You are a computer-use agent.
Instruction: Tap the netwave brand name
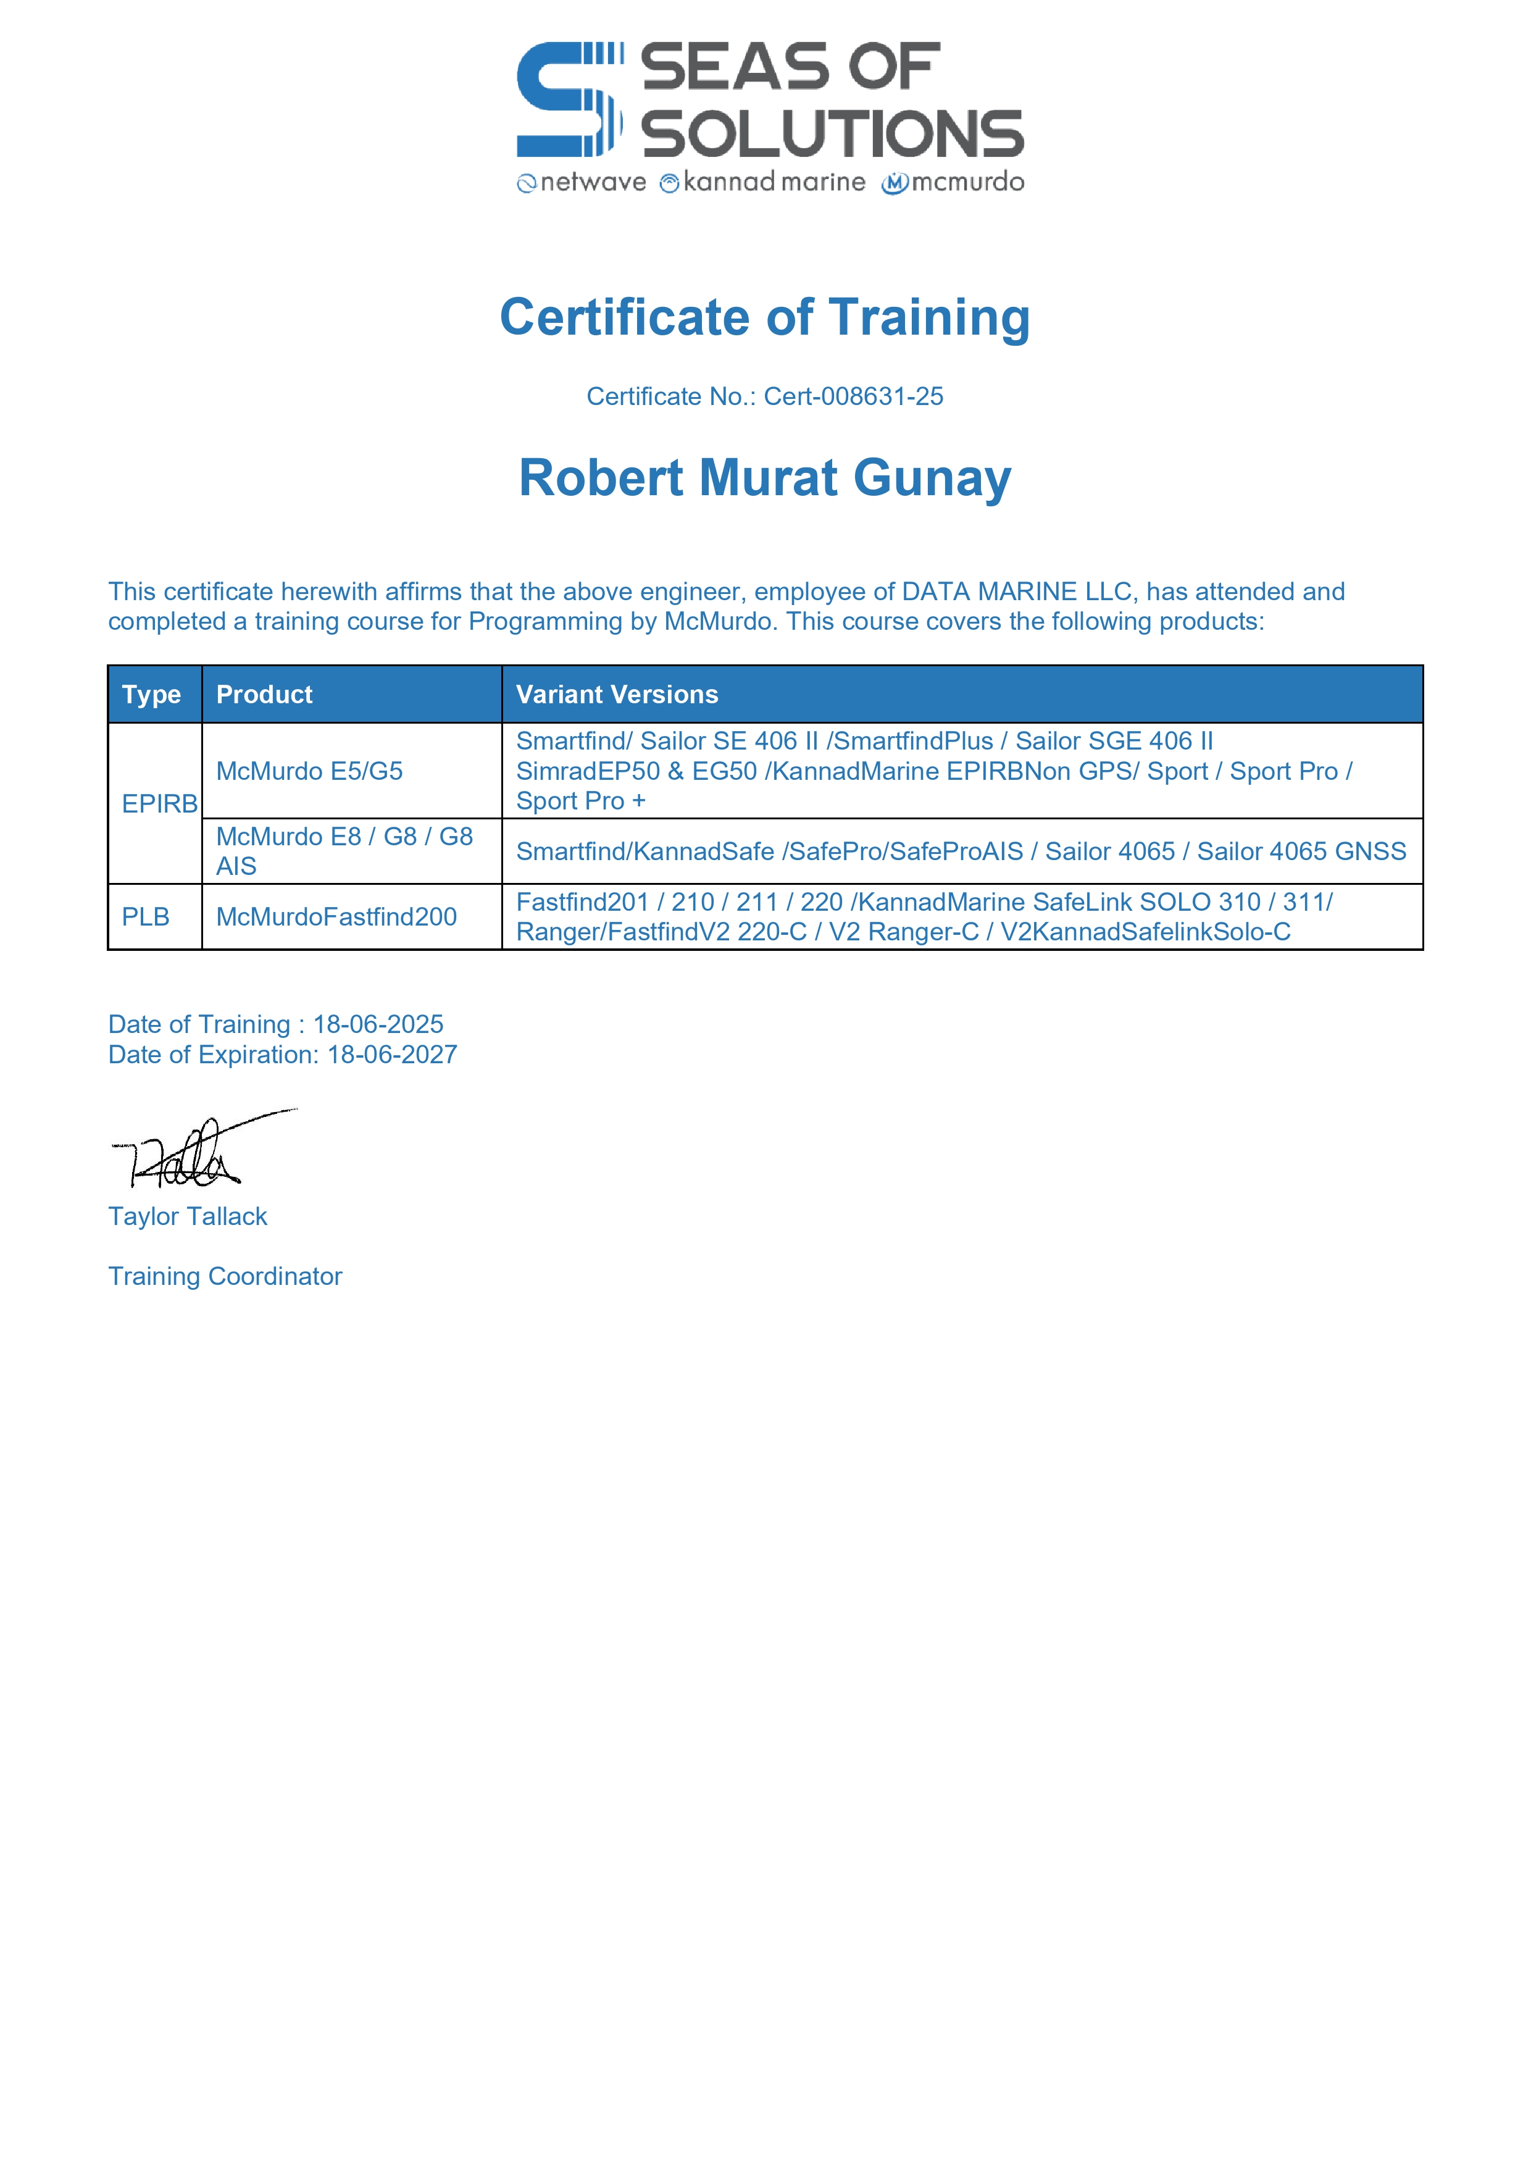click(593, 182)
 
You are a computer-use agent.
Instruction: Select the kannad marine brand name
click(774, 182)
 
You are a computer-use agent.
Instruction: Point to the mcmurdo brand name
click(967, 182)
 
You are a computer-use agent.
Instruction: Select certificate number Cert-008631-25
click(853, 396)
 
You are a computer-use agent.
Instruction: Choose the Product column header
click(264, 695)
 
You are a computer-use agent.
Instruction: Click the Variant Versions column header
click(617, 695)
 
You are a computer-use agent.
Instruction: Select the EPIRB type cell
click(159, 804)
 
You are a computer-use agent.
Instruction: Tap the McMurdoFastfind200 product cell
click(337, 917)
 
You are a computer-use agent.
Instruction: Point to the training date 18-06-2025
click(378, 1024)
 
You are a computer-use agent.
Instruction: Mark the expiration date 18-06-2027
click(393, 1055)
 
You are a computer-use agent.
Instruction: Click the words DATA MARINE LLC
click(1016, 592)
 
